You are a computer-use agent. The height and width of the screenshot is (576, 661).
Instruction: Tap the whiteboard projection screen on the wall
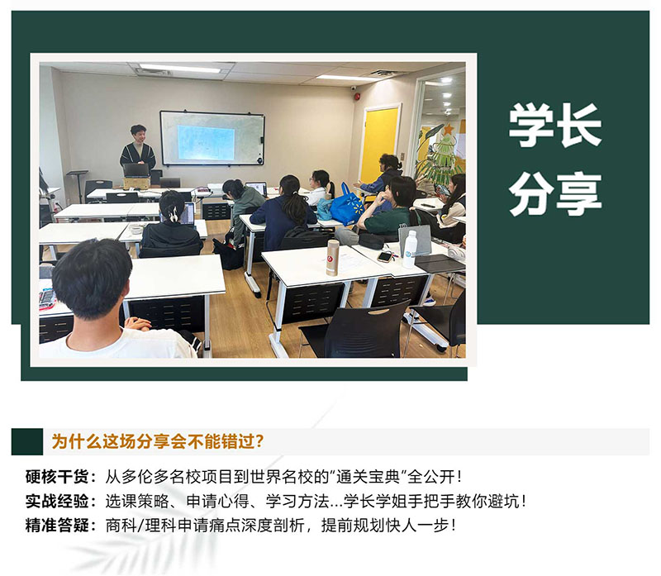pyautogui.click(x=212, y=138)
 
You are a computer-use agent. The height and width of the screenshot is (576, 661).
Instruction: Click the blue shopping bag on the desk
pyautogui.click(x=347, y=205)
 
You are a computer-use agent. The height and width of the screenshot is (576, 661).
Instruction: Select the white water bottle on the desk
pyautogui.click(x=409, y=250)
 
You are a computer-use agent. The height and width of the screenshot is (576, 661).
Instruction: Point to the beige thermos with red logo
pyautogui.click(x=333, y=258)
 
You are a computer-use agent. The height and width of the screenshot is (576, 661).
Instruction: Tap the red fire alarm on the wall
pyautogui.click(x=358, y=97)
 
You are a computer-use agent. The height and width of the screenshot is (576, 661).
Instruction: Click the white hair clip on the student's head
pyautogui.click(x=173, y=215)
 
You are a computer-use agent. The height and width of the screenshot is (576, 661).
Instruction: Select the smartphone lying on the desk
pyautogui.click(x=384, y=256)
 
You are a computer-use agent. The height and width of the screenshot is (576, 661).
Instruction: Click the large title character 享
pyautogui.click(x=579, y=194)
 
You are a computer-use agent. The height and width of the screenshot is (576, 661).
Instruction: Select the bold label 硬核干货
pyautogui.click(x=57, y=477)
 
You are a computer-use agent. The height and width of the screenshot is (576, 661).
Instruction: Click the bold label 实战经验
pyautogui.click(x=57, y=502)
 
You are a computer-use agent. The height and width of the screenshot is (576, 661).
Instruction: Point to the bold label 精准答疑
pyautogui.click(x=57, y=526)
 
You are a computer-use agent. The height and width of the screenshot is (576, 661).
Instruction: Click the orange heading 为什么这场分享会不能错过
pyautogui.click(x=157, y=441)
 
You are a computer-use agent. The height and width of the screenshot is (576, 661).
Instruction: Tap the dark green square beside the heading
pyautogui.click(x=27, y=441)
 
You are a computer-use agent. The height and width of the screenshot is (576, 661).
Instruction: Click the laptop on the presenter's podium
pyautogui.click(x=136, y=170)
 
